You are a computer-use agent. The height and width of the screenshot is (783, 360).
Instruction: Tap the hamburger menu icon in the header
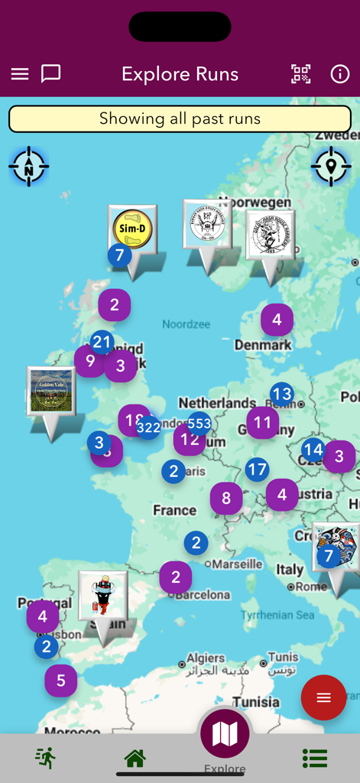[20, 74]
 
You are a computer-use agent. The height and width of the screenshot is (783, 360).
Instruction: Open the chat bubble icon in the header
[50, 73]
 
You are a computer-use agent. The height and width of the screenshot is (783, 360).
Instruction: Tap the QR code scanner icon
[301, 74]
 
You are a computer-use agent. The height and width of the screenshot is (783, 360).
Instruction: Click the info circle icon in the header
[339, 74]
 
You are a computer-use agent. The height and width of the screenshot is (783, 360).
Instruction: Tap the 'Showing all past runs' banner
[180, 119]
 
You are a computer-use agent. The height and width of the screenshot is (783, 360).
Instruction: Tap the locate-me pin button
[331, 166]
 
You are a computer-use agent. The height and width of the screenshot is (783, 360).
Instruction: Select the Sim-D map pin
[133, 229]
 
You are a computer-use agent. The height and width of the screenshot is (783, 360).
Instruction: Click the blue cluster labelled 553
[199, 423]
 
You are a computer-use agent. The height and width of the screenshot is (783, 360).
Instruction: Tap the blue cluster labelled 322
[148, 427]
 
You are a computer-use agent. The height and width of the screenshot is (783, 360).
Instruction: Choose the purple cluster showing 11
[262, 422]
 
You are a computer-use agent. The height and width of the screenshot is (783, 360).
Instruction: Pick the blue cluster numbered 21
[102, 343]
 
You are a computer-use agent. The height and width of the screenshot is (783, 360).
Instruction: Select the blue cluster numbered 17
[257, 469]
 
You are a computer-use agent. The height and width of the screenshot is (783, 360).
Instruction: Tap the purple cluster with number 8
[226, 499]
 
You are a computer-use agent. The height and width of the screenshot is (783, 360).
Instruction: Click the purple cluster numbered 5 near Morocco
[60, 680]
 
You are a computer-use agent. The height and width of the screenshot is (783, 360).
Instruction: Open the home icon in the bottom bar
[135, 758]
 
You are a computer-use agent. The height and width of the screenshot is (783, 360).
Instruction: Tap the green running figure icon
[45, 758]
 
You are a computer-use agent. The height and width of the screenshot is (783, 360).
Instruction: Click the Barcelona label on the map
[206, 594]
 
